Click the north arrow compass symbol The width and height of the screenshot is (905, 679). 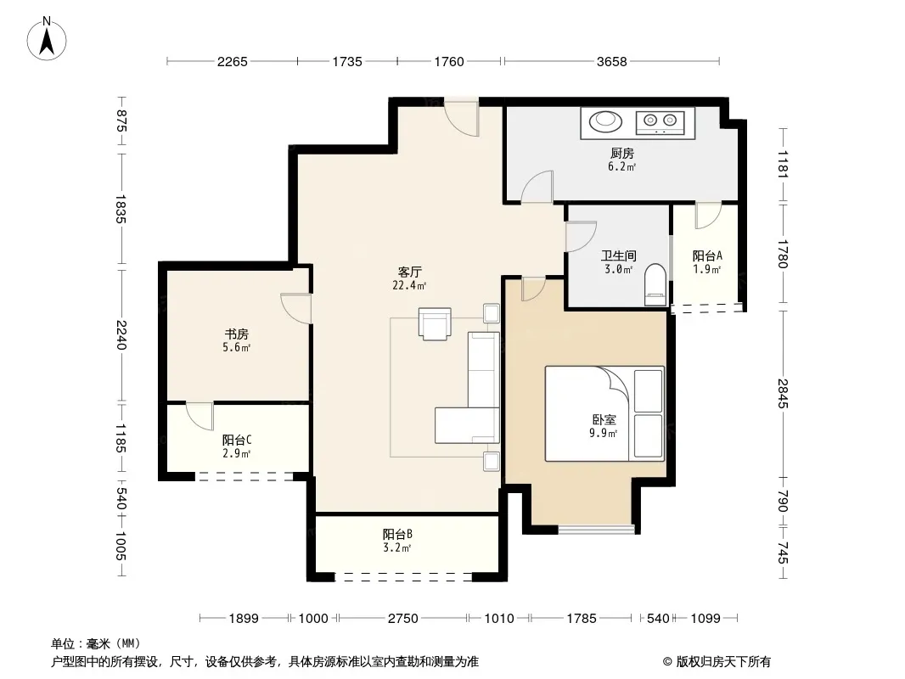(47, 39)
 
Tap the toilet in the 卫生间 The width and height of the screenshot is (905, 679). (655, 284)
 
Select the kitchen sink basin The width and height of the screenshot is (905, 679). (605, 121)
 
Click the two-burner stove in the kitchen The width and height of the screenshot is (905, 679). (660, 121)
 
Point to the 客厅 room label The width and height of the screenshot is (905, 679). (410, 272)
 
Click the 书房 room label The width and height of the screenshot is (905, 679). (237, 334)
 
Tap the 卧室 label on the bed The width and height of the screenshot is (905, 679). (604, 420)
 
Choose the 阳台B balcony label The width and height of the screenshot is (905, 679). (397, 534)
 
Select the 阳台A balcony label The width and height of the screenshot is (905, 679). (707, 255)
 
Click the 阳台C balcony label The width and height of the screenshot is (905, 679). (237, 440)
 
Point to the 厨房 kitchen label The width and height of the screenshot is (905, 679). (622, 154)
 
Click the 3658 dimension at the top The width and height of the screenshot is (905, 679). (612, 61)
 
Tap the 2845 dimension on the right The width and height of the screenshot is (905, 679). (783, 394)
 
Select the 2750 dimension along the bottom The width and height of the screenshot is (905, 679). (403, 619)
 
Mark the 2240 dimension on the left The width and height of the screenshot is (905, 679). (121, 335)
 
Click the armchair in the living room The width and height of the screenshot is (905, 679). (435, 323)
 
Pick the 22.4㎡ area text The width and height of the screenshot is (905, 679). (409, 285)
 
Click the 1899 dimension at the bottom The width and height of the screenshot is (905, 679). (244, 619)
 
